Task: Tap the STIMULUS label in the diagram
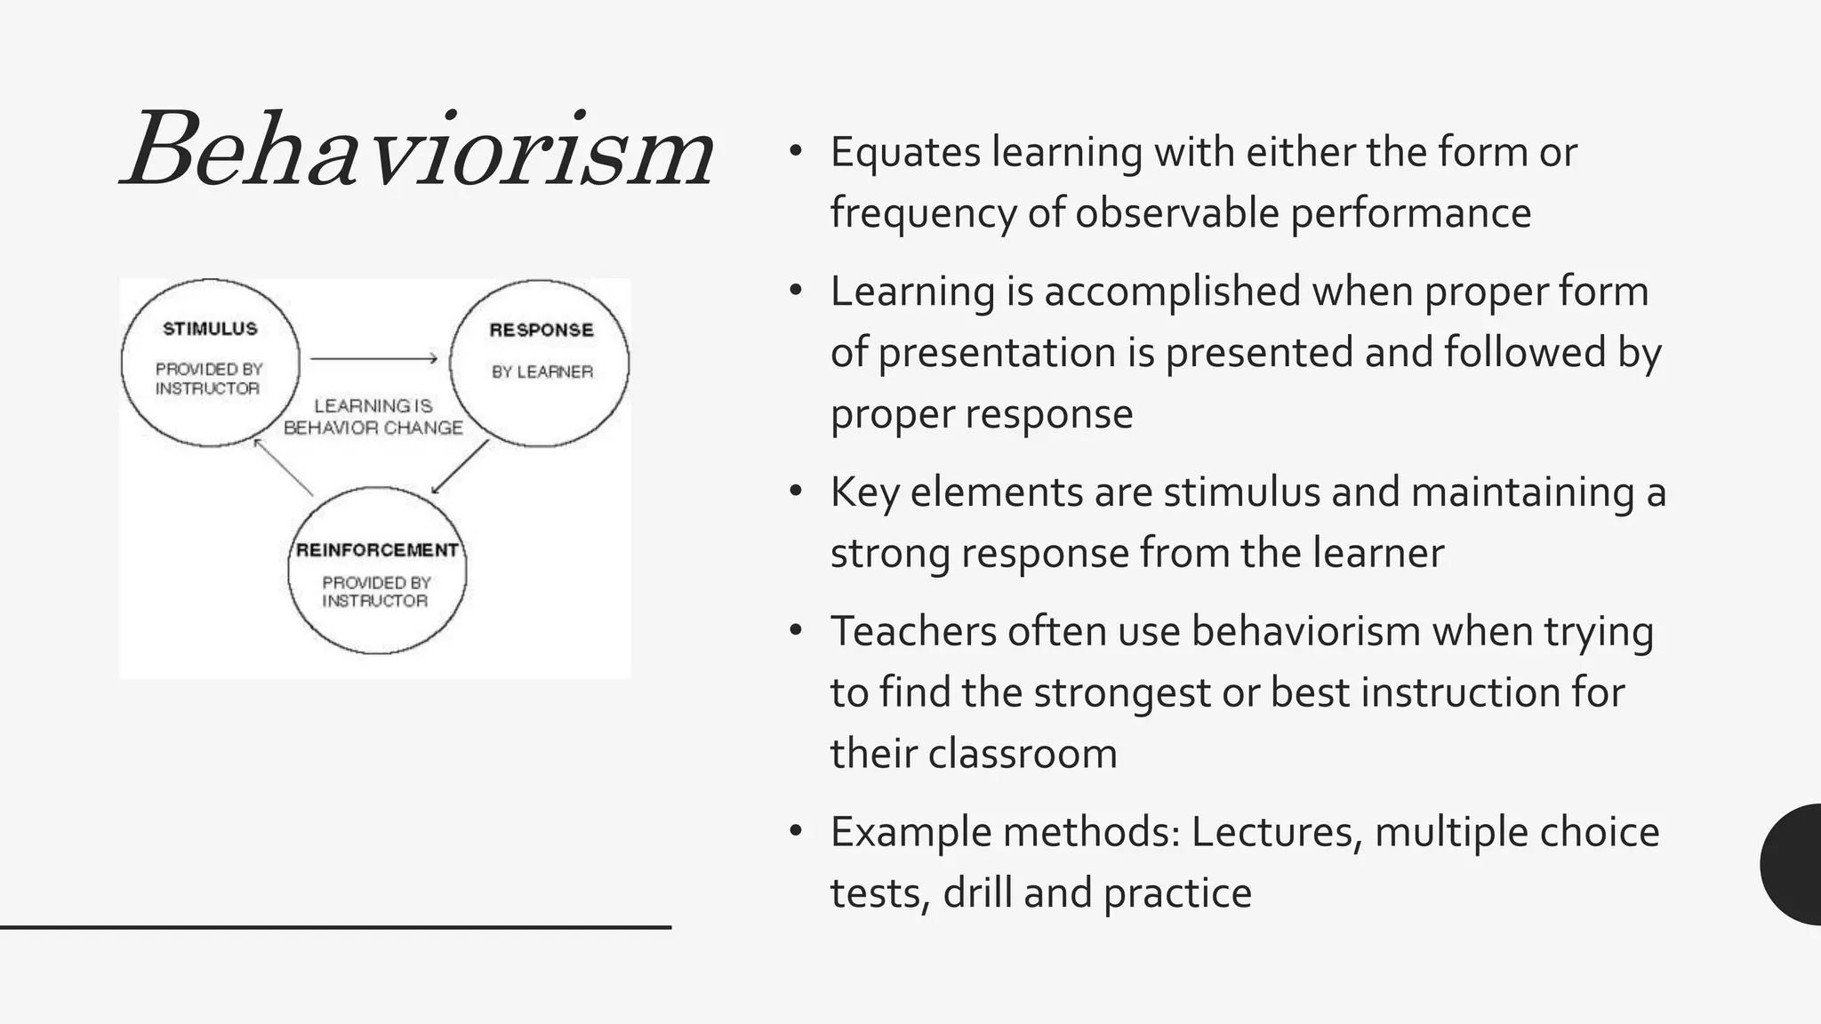[210, 329]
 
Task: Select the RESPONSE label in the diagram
[541, 330]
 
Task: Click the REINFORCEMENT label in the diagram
[377, 550]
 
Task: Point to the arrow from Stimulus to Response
[373, 359]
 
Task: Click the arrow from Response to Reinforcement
[461, 467]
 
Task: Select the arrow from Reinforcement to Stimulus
[283, 468]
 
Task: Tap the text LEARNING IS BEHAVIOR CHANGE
[373, 417]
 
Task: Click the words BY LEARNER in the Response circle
[542, 372]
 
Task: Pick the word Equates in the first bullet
[905, 153]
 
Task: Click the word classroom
[1023, 754]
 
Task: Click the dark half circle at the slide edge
[1794, 864]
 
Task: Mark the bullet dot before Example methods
[796, 831]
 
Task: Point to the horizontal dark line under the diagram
[335, 927]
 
